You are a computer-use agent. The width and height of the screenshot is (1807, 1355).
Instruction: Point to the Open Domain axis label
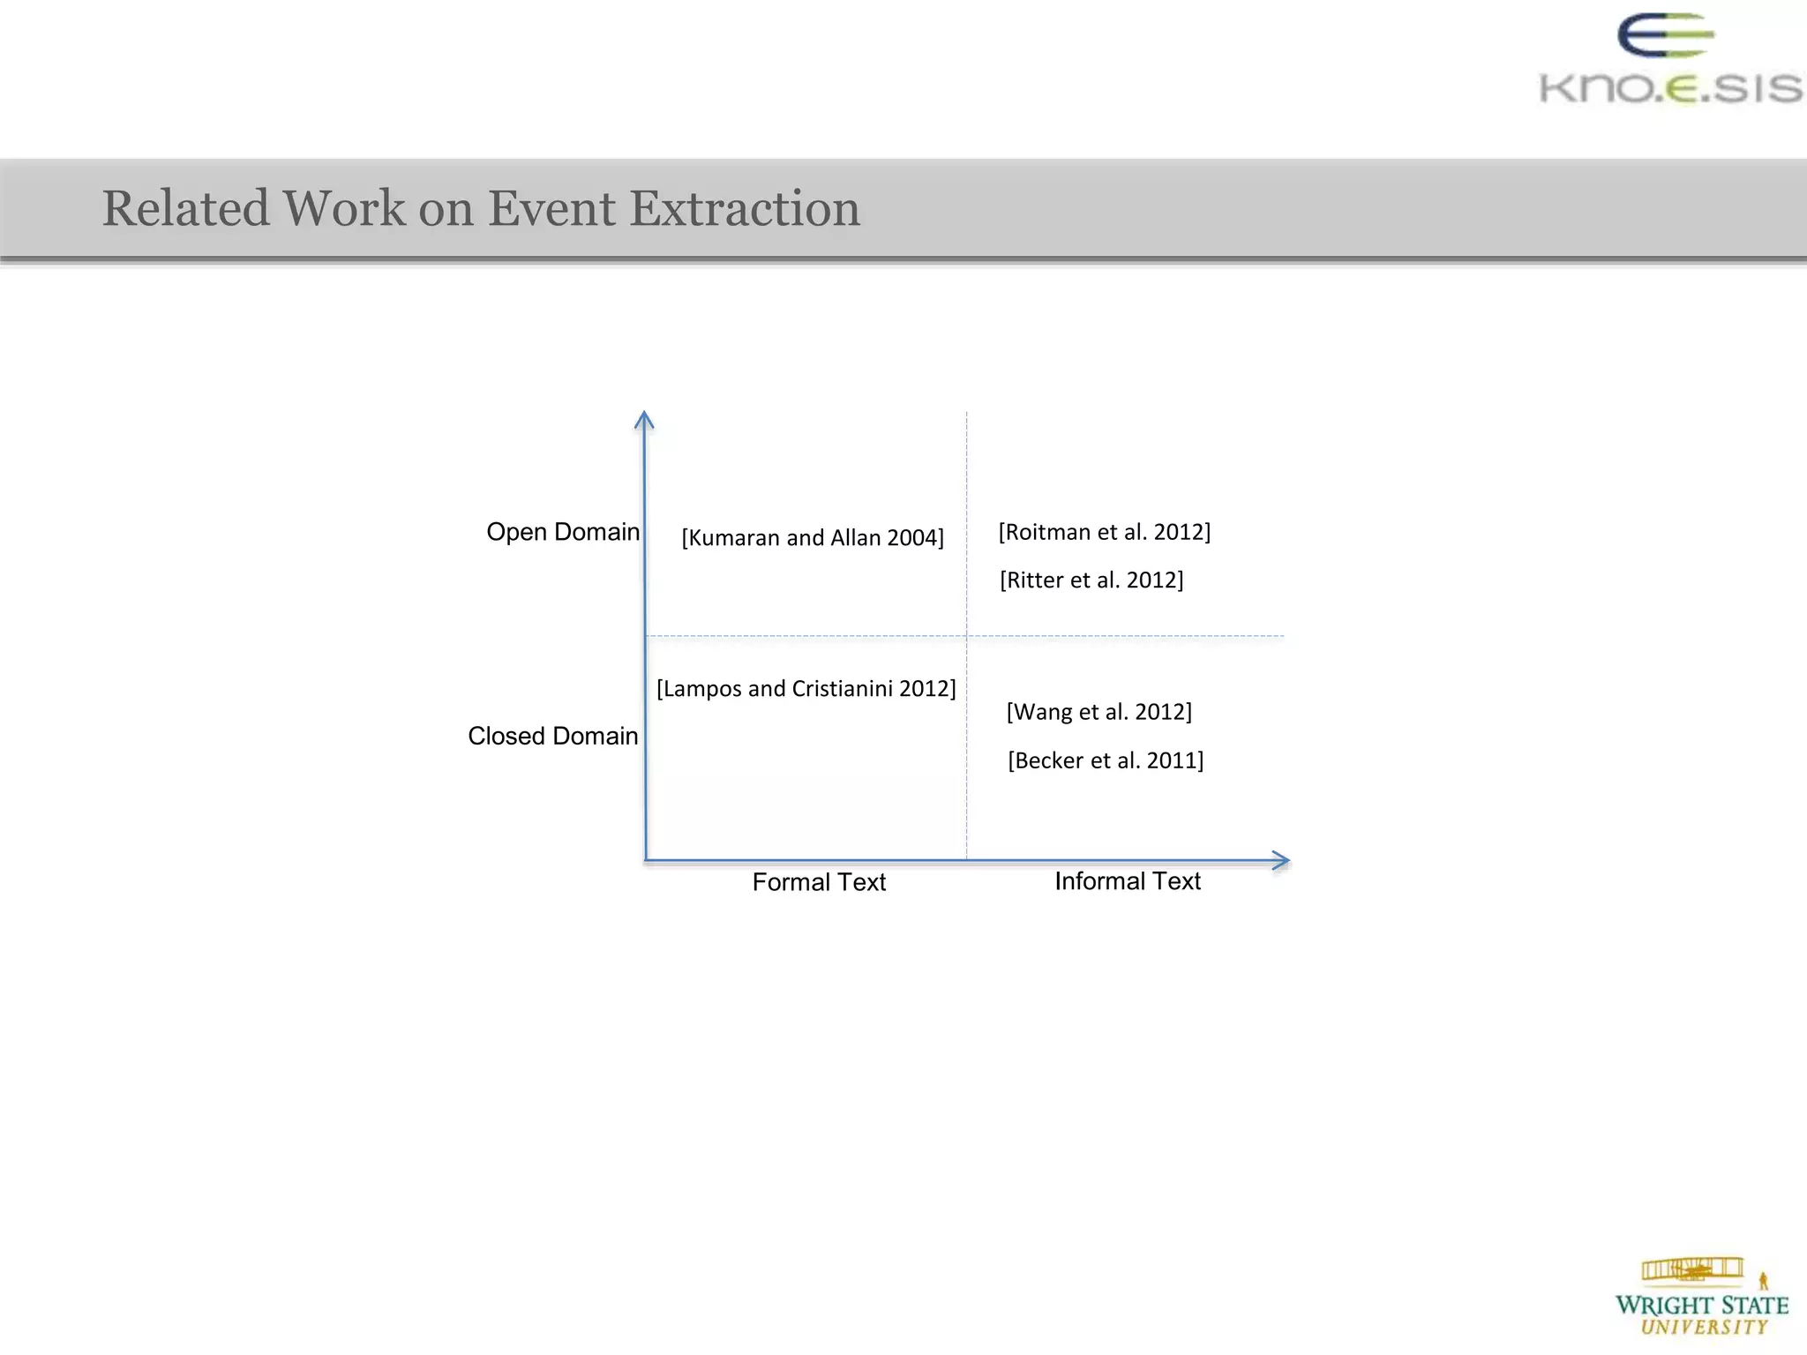(563, 532)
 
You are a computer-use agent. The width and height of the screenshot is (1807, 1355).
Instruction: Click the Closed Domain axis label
(552, 736)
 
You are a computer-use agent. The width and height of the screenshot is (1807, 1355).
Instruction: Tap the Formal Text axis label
(819, 882)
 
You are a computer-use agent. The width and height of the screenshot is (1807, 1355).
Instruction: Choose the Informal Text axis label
(1128, 881)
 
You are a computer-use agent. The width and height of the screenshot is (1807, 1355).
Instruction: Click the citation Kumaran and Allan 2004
(813, 538)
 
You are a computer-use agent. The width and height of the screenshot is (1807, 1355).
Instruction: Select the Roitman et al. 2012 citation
(1105, 532)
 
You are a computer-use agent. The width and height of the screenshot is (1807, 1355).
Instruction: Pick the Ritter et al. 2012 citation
(1091, 580)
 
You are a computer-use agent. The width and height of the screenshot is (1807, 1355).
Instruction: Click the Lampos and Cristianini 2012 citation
(806, 689)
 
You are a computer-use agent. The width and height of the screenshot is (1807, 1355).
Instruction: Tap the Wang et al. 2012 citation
(1099, 712)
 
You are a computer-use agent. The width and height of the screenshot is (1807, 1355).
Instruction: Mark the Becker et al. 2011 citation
(1106, 760)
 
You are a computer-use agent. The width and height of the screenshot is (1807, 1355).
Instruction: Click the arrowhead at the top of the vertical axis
(644, 418)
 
